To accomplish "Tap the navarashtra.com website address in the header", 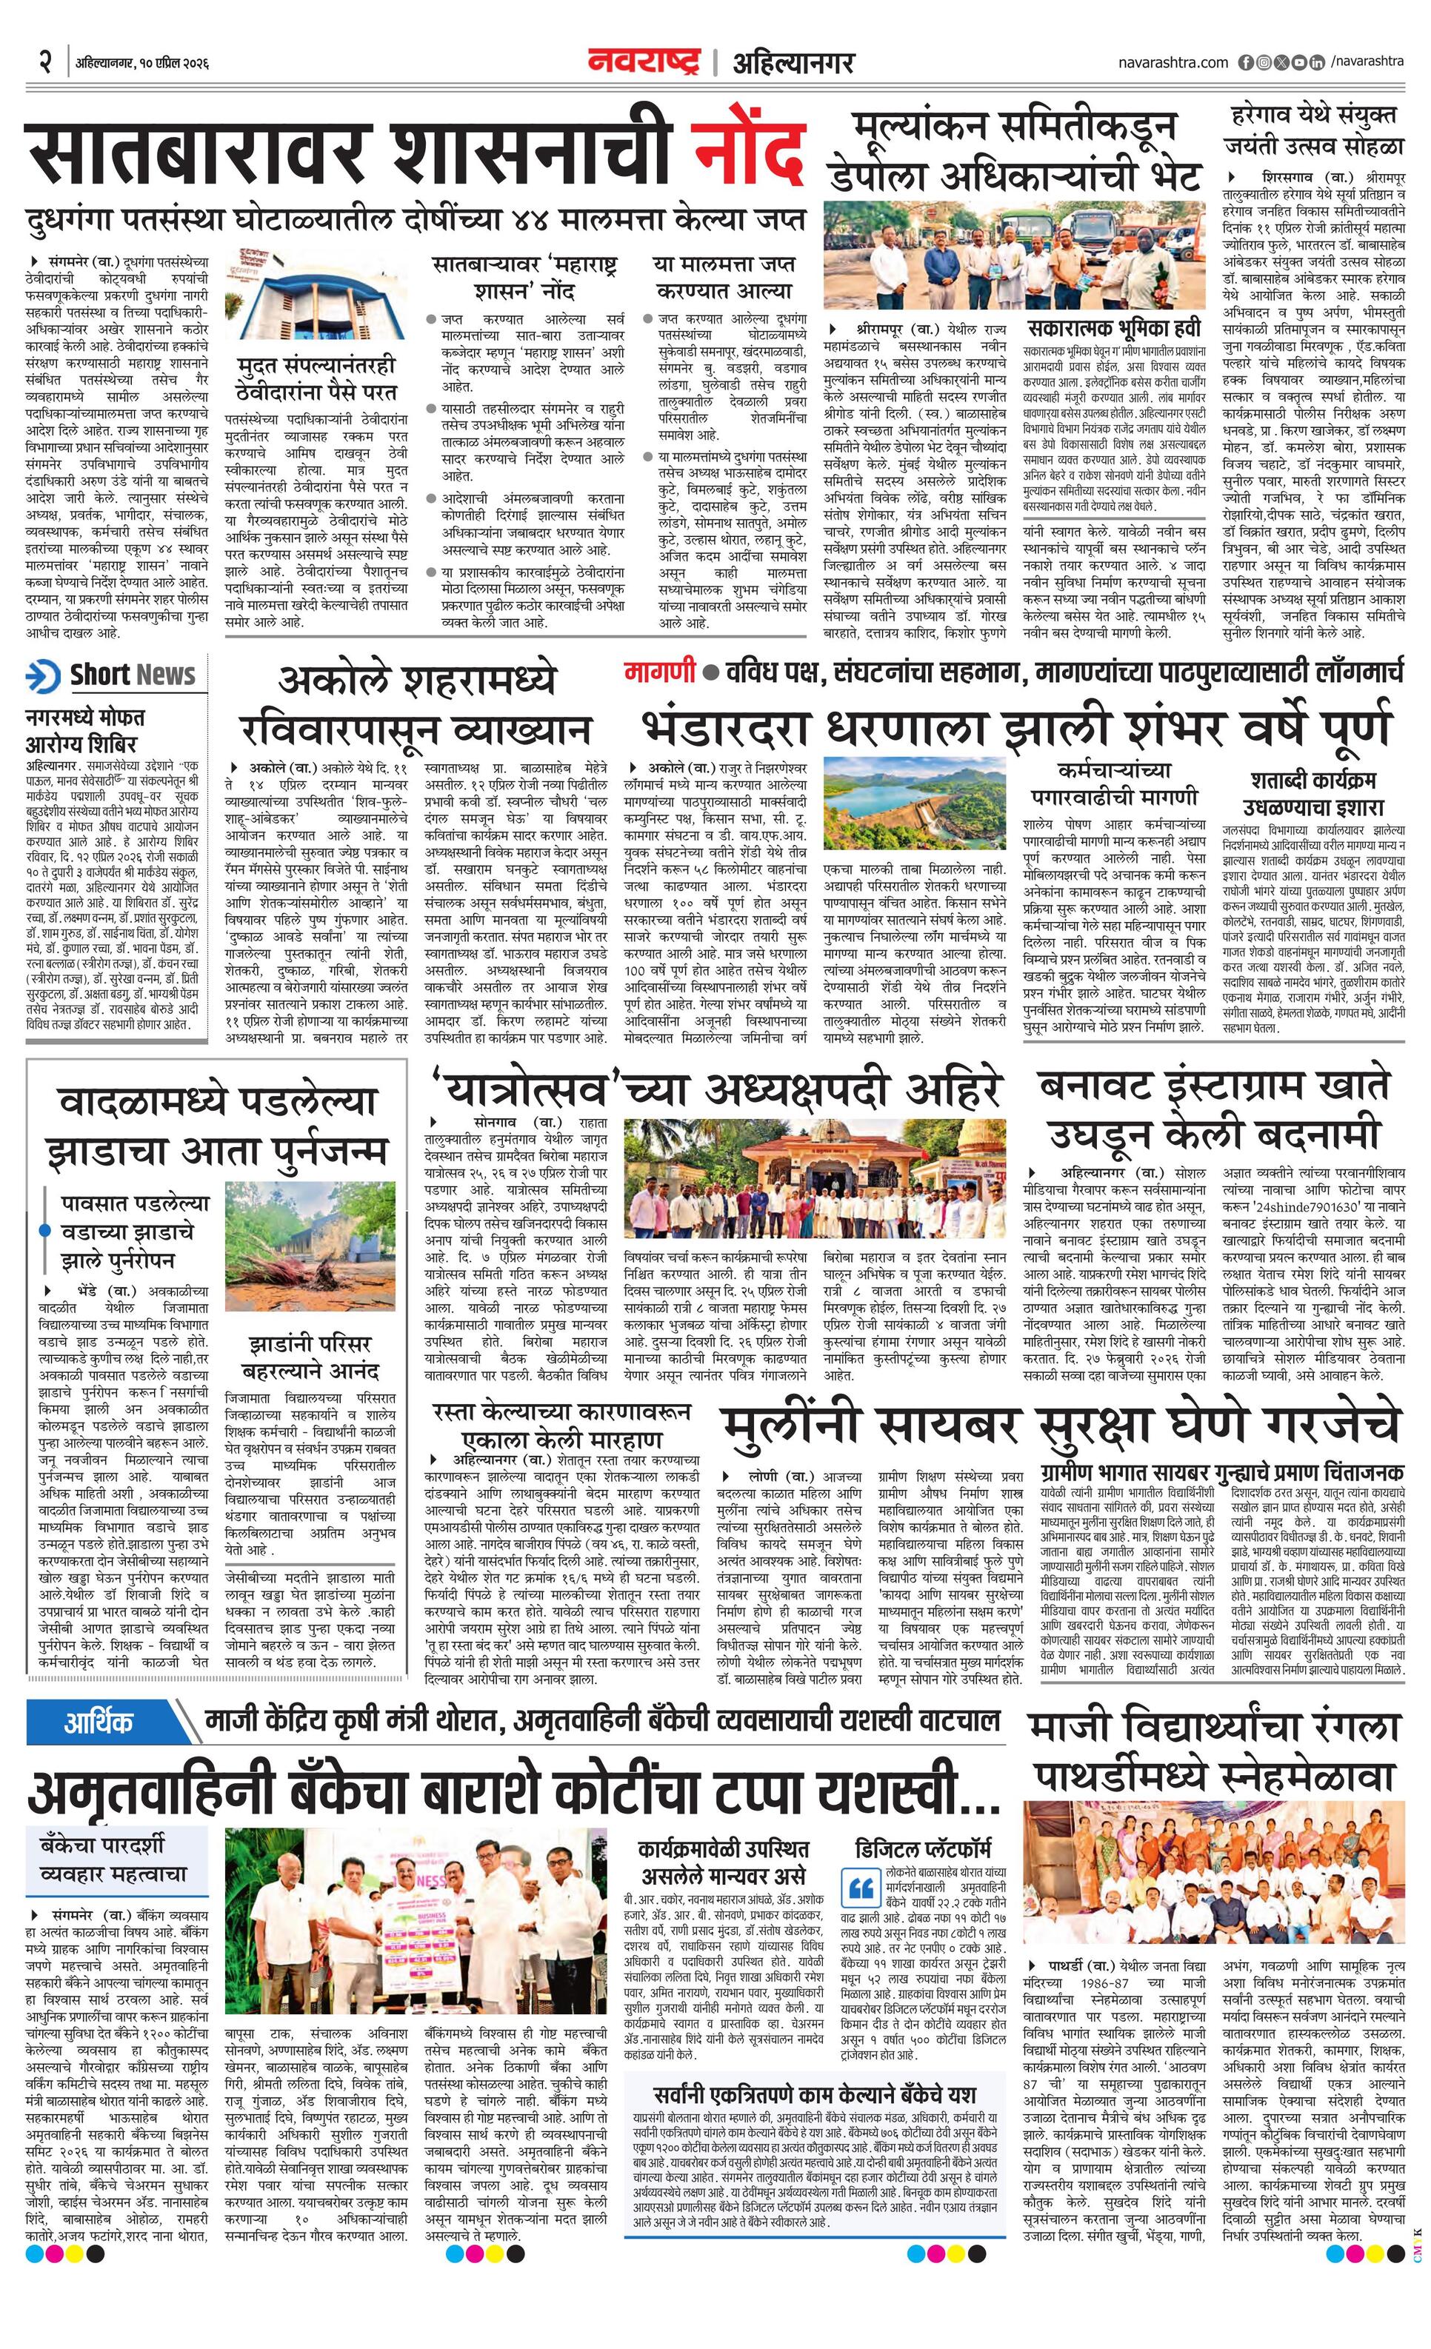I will tap(1173, 62).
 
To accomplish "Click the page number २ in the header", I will tap(44, 62).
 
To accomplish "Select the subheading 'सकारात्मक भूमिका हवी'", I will tap(1112, 329).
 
